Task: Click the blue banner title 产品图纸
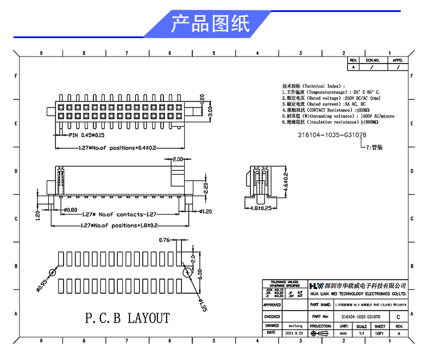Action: pyautogui.click(x=211, y=24)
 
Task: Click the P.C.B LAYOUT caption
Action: pyautogui.click(x=128, y=318)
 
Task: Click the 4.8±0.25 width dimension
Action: pyautogui.click(x=261, y=208)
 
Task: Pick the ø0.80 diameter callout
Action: pyautogui.click(x=71, y=210)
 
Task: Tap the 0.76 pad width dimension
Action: pyautogui.click(x=165, y=239)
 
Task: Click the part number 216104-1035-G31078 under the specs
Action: pyautogui.click(x=332, y=135)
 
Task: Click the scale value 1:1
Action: pyautogui.click(x=361, y=333)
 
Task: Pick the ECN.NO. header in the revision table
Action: pyautogui.click(x=372, y=60)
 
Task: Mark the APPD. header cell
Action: pyautogui.click(x=398, y=60)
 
